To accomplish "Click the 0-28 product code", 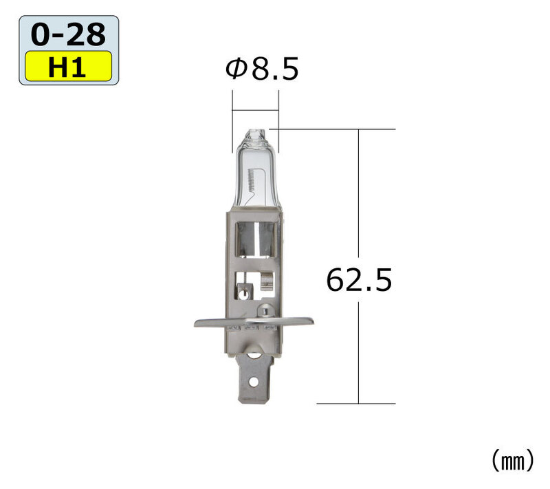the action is coord(68,34).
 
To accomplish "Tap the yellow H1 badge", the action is coord(68,66).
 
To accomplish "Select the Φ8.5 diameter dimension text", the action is coord(262,69).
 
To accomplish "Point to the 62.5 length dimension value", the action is coord(359,280).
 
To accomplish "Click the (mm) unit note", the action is coord(513,461).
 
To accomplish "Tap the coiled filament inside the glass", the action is coord(250,180).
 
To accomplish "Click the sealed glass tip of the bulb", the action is coord(254,134).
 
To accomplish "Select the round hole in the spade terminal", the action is coord(253,382).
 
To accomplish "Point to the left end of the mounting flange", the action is coord(195,323).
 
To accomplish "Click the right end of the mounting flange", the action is coord(313,320).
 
